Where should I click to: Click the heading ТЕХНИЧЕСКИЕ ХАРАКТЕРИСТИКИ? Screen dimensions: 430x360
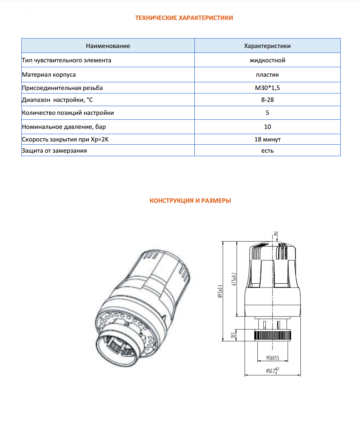click(x=184, y=18)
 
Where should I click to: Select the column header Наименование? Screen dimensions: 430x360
click(x=108, y=46)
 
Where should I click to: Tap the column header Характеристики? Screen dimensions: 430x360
click(x=267, y=46)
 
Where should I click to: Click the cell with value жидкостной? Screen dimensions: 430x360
click(x=267, y=60)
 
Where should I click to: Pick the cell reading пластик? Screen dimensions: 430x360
click(x=267, y=75)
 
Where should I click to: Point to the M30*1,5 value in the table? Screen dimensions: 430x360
click(x=267, y=88)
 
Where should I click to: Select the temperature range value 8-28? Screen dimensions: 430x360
click(x=267, y=100)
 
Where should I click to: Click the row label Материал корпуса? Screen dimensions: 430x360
click(x=49, y=75)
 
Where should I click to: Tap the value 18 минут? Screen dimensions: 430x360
click(x=267, y=139)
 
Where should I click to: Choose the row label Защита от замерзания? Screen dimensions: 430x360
click(x=54, y=151)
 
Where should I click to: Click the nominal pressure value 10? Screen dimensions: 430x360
click(x=267, y=127)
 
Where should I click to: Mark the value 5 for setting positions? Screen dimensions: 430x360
click(x=267, y=113)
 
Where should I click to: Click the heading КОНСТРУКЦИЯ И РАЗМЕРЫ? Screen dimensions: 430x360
click(x=190, y=201)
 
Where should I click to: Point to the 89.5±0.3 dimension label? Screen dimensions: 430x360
click(x=220, y=291)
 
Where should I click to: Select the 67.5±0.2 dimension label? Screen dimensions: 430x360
click(x=234, y=279)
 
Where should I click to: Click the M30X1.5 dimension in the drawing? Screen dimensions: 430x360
click(x=272, y=358)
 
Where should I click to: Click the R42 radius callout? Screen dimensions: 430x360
click(x=276, y=233)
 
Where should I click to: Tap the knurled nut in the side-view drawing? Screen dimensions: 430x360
click(x=272, y=335)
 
